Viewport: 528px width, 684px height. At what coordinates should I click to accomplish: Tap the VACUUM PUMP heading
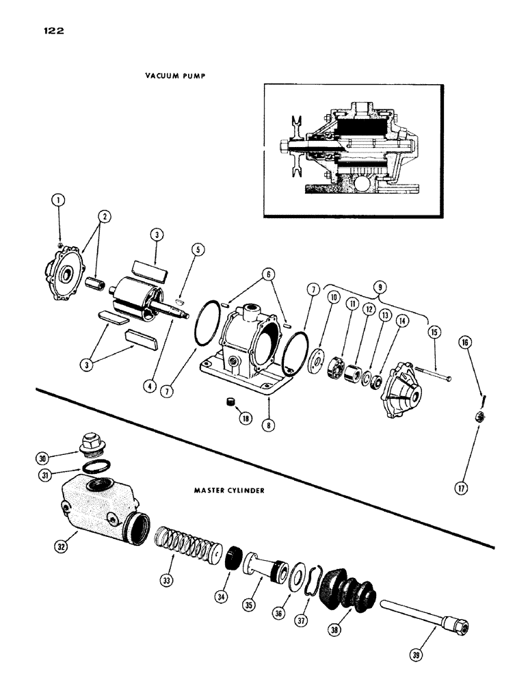point(174,76)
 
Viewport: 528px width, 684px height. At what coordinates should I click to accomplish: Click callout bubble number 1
point(60,201)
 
